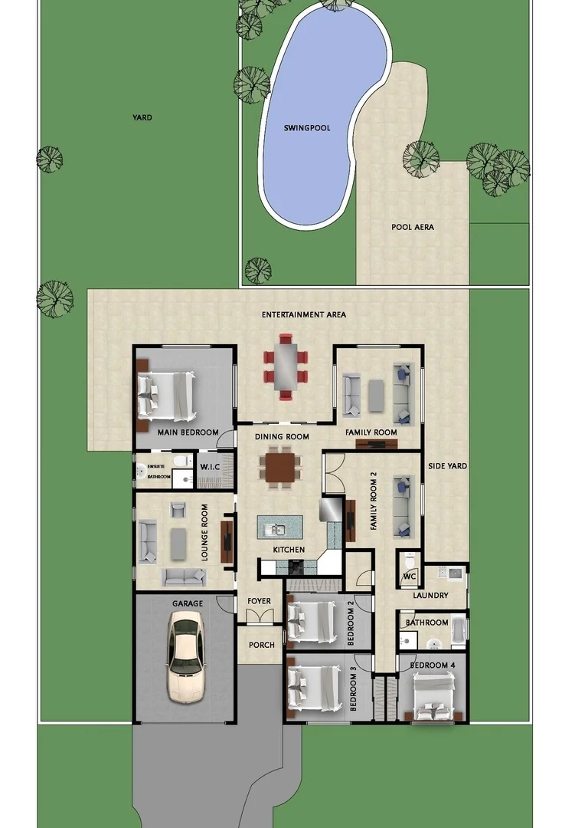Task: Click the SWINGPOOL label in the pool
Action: click(x=307, y=128)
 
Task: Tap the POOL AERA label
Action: click(x=413, y=227)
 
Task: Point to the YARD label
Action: click(x=142, y=118)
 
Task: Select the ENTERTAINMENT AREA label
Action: click(x=304, y=314)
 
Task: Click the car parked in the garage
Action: click(x=185, y=660)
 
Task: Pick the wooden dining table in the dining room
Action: click(x=281, y=467)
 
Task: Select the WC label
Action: click(x=409, y=575)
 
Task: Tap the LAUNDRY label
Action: click(x=430, y=596)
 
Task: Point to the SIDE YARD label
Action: click(x=447, y=466)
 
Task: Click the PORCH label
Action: click(x=262, y=645)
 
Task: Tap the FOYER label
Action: click(x=259, y=601)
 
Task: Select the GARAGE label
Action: click(x=188, y=604)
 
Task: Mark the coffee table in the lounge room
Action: click(x=178, y=543)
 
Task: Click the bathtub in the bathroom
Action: click(x=458, y=630)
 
